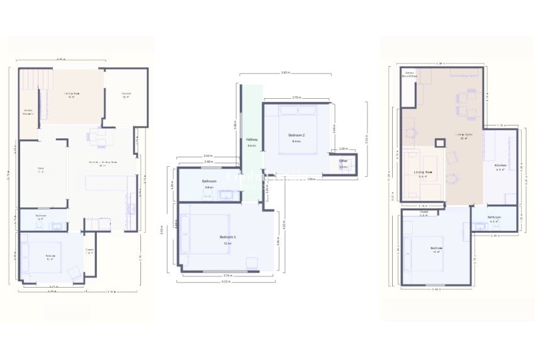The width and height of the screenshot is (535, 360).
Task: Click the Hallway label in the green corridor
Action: point(252,139)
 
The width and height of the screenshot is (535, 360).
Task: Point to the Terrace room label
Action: point(126,95)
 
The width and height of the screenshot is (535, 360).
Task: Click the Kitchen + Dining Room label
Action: point(104,162)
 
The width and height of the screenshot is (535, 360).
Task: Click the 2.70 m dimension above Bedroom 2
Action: point(296,98)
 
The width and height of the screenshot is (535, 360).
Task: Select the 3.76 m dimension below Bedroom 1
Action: point(227,275)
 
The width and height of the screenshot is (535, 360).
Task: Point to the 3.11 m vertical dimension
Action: point(366,140)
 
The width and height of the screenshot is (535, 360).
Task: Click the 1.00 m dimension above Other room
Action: point(342,149)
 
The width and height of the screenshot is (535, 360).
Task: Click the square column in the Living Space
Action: point(440,143)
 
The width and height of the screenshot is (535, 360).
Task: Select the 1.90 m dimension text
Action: point(311,179)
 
